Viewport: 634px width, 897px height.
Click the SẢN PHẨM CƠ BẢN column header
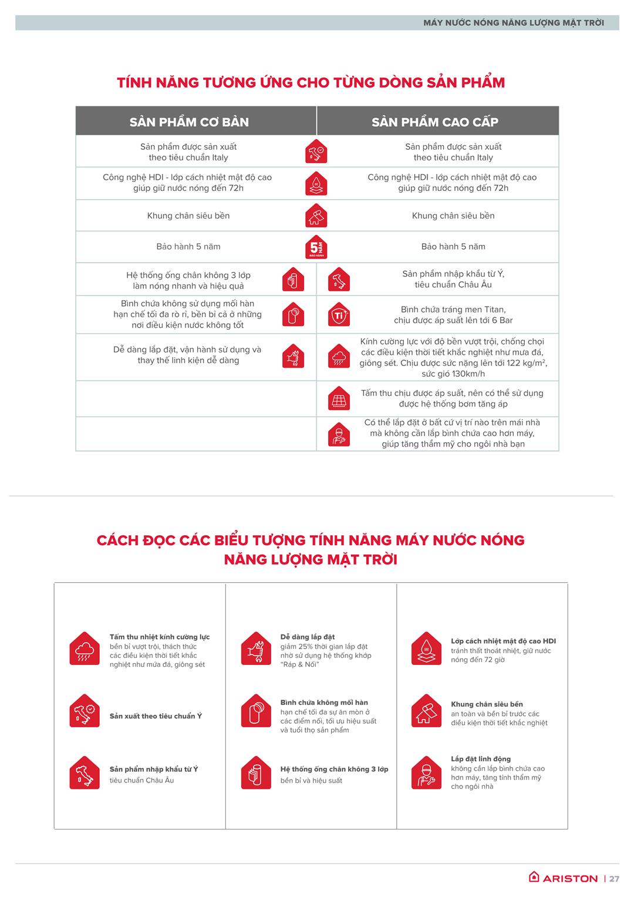(189, 122)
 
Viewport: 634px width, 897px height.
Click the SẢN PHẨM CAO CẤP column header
(435, 122)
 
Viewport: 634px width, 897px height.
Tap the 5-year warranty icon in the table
(316, 247)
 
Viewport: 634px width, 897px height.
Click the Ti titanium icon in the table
(339, 314)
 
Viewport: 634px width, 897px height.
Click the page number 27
(614, 879)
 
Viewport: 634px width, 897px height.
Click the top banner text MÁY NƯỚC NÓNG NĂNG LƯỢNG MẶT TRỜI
(513, 23)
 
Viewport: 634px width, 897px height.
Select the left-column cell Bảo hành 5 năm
(188, 247)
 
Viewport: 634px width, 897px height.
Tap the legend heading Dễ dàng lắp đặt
(308, 637)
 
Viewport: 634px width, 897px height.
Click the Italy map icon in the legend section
(85, 772)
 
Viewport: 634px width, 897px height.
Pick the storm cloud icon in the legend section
(85, 649)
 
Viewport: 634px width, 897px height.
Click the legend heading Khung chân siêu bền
(487, 704)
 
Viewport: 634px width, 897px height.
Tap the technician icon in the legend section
(426, 772)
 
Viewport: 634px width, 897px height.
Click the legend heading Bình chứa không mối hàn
(324, 703)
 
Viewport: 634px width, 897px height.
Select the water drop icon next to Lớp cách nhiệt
(426, 649)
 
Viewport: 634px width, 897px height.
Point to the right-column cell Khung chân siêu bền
(453, 216)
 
